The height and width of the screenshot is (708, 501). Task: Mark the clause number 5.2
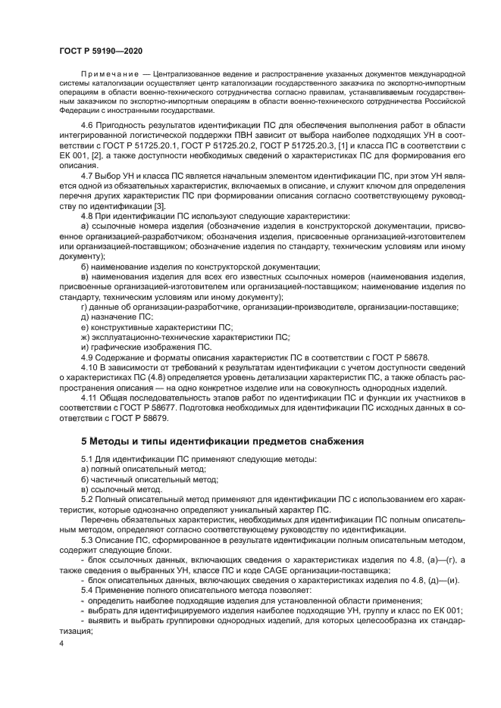click(88, 500)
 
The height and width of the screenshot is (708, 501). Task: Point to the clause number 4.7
click(88, 175)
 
